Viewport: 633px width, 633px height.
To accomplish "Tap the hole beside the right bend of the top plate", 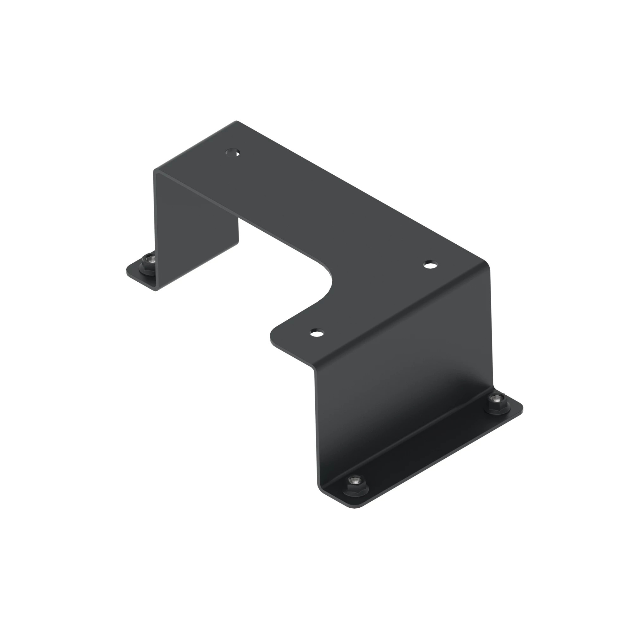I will pyautogui.click(x=430, y=264).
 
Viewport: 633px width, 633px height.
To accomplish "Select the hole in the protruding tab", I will pyautogui.click(x=316, y=333).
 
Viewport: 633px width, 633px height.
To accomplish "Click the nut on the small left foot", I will pyautogui.click(x=149, y=260).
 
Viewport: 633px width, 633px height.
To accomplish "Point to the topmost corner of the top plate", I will pyautogui.click(x=236, y=122).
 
